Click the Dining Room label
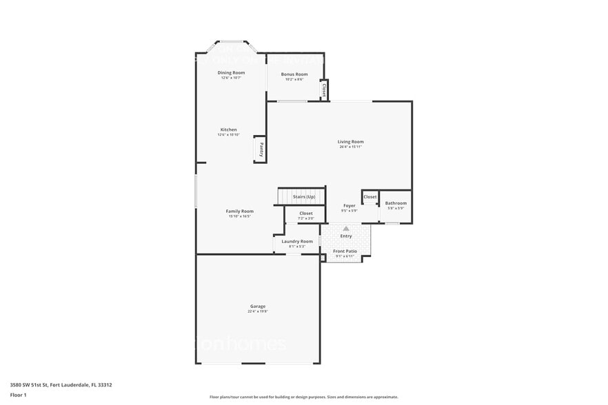pos(231,72)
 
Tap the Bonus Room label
pos(295,74)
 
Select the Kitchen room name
pos(228,129)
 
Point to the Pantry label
pos(261,149)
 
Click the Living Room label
pos(351,141)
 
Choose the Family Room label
pos(239,211)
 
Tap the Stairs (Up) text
pos(304,197)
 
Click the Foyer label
pos(349,205)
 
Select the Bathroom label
pos(396,203)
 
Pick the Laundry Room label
pos(297,241)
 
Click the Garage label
pos(258,306)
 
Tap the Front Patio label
pos(345,251)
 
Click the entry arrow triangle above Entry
pos(346,228)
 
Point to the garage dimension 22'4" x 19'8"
pos(258,311)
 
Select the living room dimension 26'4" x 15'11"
pos(351,147)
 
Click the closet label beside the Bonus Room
pos(324,90)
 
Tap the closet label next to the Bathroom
pos(370,197)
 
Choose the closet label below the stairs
pos(305,214)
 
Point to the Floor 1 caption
pos(18,395)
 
